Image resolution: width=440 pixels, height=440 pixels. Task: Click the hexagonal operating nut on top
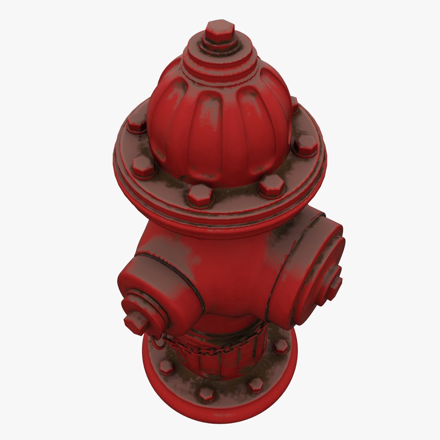(x=220, y=31)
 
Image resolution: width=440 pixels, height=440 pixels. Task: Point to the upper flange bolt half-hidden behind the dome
(x=294, y=103)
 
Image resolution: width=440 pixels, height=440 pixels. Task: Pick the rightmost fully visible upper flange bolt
(x=306, y=145)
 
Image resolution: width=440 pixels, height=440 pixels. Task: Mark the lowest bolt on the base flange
(x=206, y=394)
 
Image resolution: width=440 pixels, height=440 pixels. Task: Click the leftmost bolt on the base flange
(x=166, y=367)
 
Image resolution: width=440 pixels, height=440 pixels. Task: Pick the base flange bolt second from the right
(x=255, y=384)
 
